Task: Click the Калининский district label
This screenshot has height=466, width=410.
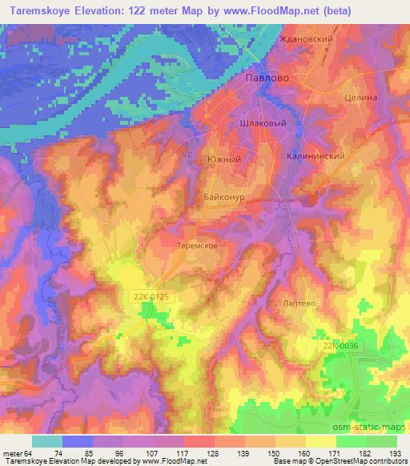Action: click(x=316, y=157)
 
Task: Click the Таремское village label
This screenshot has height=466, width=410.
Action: click(x=197, y=247)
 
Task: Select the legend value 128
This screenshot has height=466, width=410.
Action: click(x=192, y=453)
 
